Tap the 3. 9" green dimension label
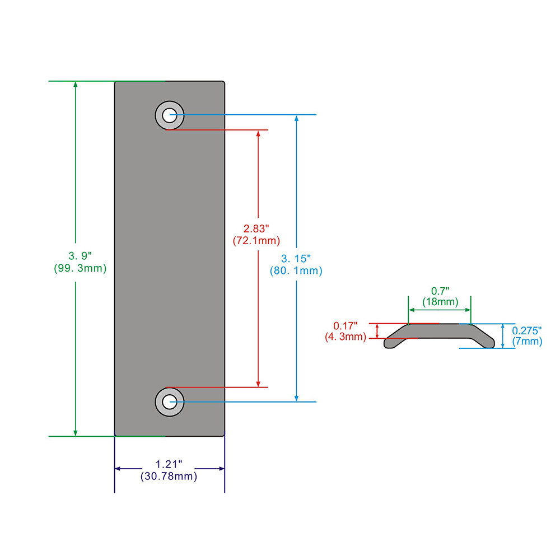click(80, 256)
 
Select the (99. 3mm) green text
click(80, 268)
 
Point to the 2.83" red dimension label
click(256, 228)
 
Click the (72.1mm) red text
click(256, 240)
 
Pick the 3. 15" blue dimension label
click(296, 258)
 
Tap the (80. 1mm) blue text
click(296, 270)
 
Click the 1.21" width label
click(169, 464)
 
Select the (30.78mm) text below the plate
click(169, 476)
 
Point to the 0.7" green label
click(440, 291)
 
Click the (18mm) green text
click(440, 302)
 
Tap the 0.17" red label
click(345, 326)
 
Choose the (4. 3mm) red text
click(345, 337)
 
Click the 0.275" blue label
click(527, 330)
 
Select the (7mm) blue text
click(527, 341)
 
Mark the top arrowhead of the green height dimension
click(76, 84)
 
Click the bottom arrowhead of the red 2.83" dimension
click(258, 384)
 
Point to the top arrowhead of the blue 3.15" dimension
click(296, 118)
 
